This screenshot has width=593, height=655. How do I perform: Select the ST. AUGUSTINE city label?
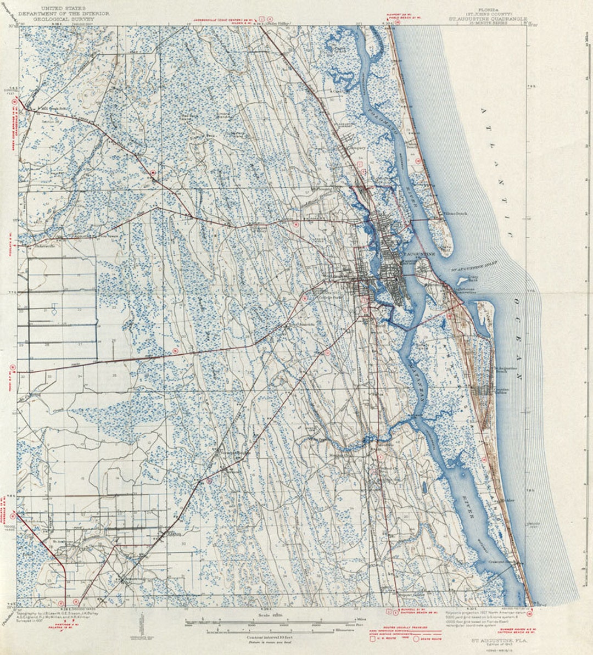pos(419,254)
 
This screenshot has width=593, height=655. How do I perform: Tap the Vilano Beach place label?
pos(455,213)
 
